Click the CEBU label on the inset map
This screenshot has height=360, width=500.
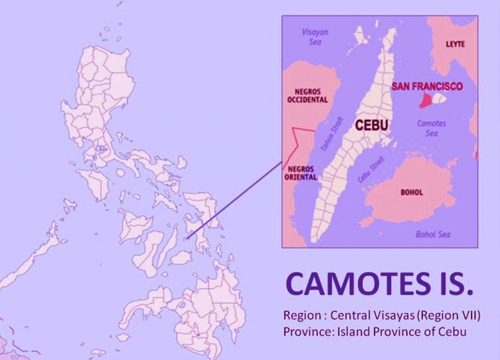point(371,125)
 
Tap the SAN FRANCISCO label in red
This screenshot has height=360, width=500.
point(427,86)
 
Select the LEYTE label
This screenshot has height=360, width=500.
point(455,44)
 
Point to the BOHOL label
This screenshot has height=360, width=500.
point(412,192)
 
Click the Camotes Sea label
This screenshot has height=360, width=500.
point(431,128)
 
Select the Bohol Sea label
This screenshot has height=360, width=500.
point(433,235)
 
